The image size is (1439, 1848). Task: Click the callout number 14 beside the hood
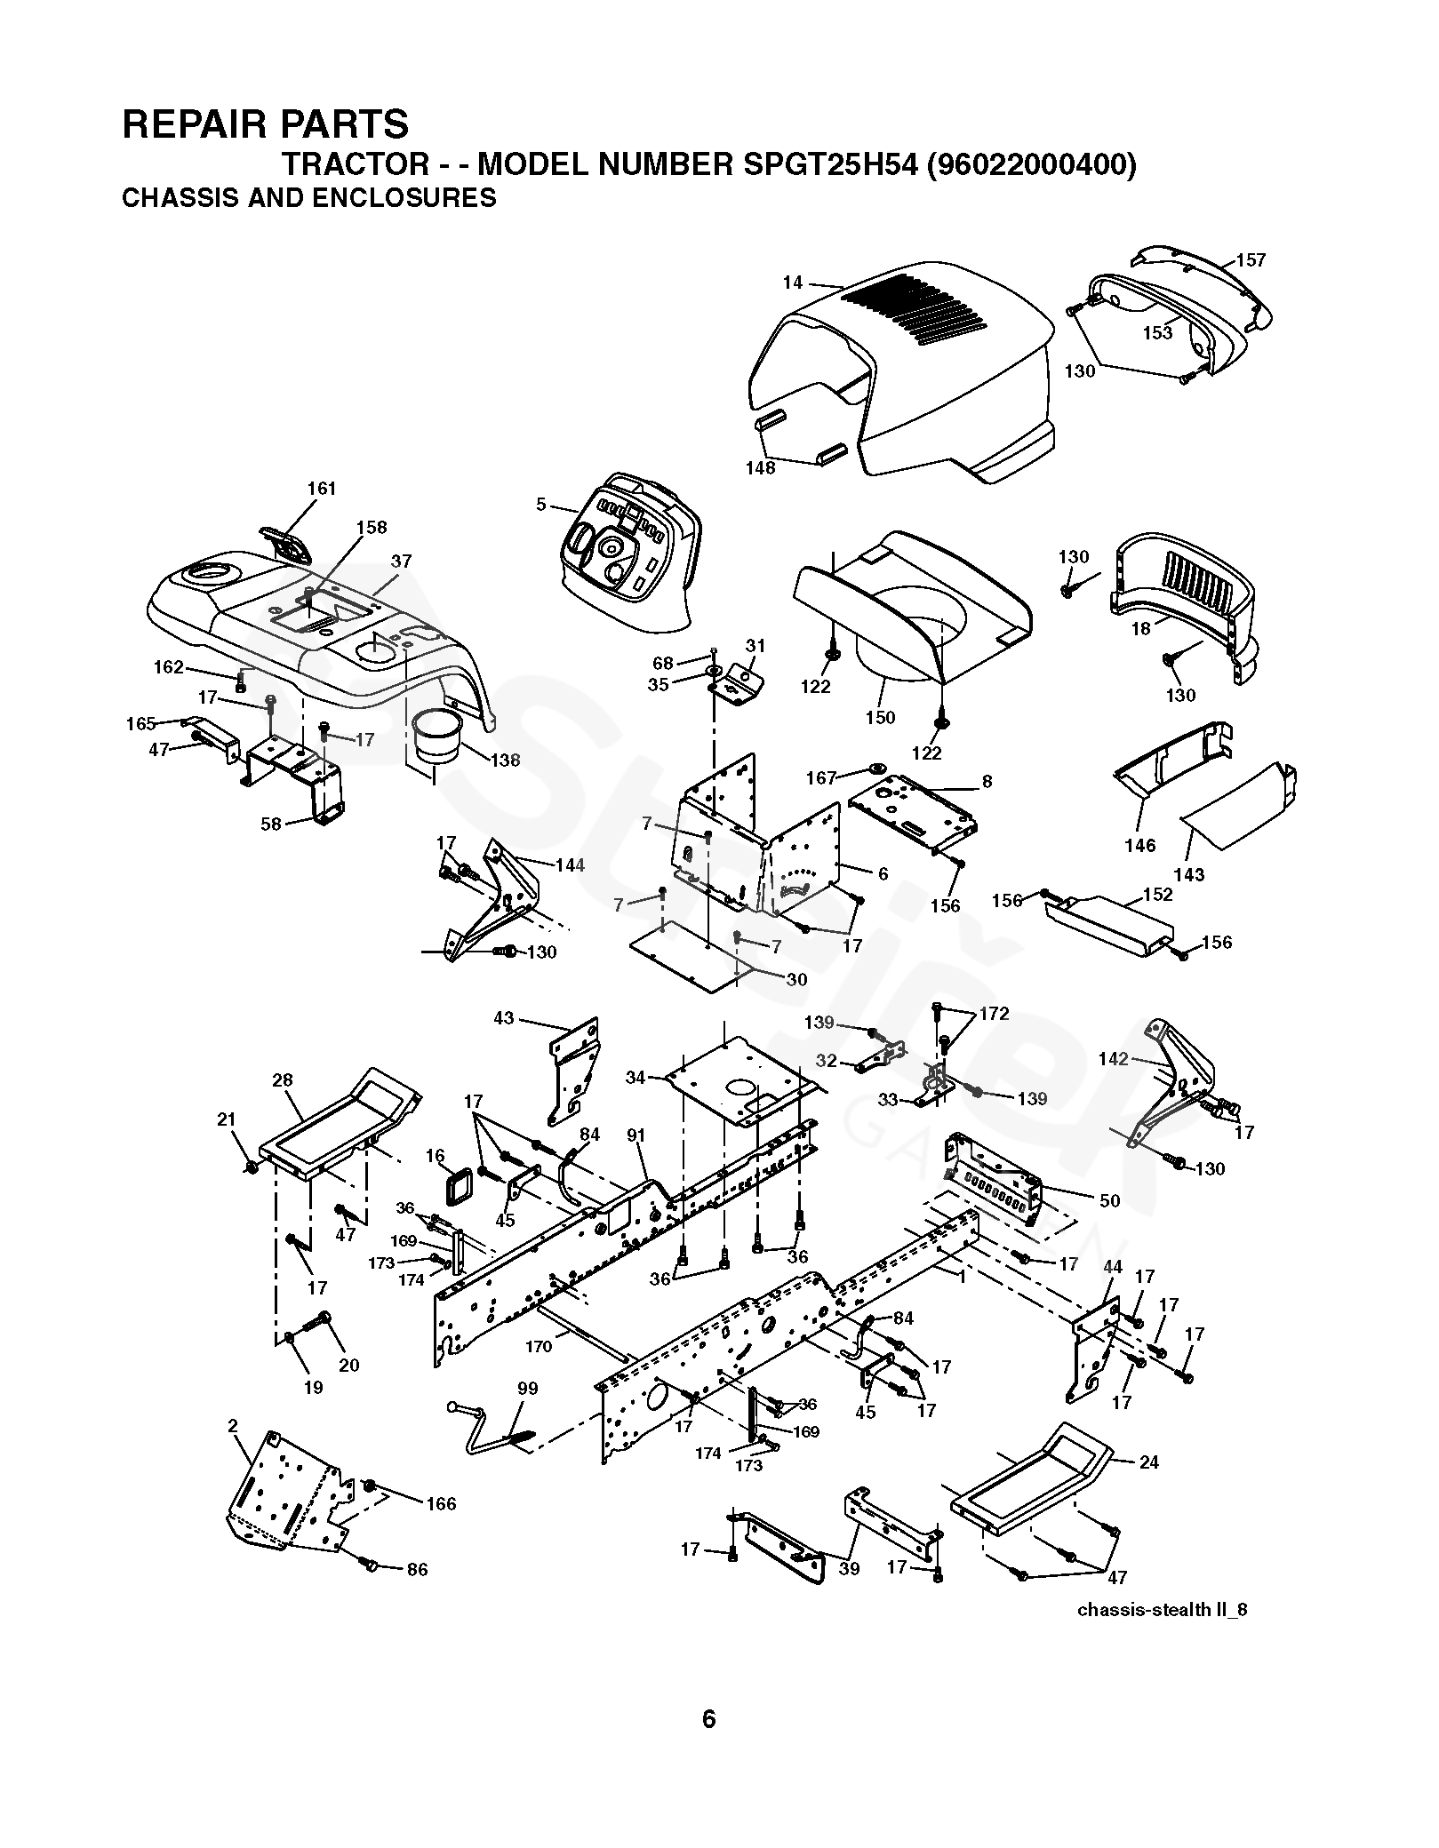(792, 283)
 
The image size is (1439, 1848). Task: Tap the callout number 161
(322, 489)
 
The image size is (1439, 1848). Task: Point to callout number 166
(441, 1503)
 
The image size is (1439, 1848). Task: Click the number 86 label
(417, 1570)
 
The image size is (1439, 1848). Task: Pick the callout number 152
(1158, 895)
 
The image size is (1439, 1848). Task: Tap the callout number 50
(1109, 1201)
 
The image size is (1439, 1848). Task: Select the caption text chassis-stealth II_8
(1162, 1610)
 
